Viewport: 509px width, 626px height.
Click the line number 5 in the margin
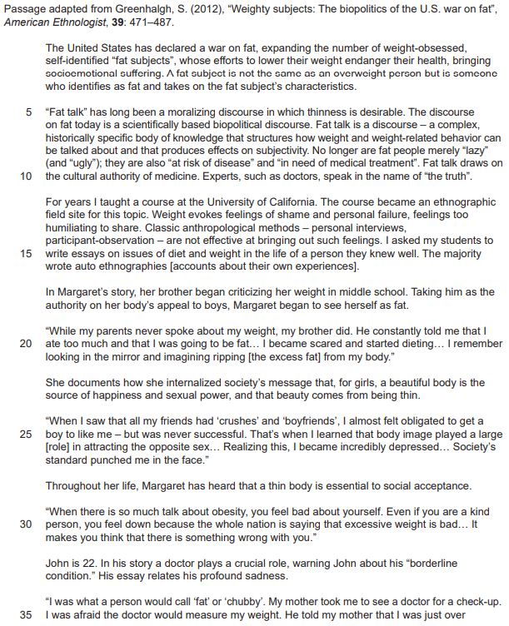coord(29,112)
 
